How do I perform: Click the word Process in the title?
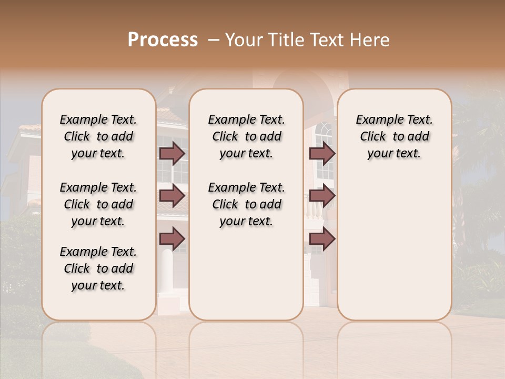click(x=163, y=40)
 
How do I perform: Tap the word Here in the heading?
click(x=370, y=40)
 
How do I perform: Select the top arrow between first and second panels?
click(x=172, y=153)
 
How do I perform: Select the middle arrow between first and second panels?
click(x=172, y=196)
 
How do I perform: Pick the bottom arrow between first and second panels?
click(x=172, y=239)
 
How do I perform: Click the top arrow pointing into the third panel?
click(x=322, y=153)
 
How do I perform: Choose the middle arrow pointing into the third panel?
click(x=322, y=196)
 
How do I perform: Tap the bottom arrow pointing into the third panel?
click(x=322, y=239)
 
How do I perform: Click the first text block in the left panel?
click(x=98, y=136)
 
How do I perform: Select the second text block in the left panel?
click(x=98, y=204)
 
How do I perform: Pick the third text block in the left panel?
click(x=98, y=268)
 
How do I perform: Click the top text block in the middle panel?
click(x=247, y=136)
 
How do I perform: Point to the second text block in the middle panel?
click(x=247, y=204)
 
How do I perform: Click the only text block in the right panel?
click(x=395, y=136)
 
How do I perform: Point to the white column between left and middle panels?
click(x=167, y=274)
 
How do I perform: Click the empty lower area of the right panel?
click(x=395, y=253)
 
